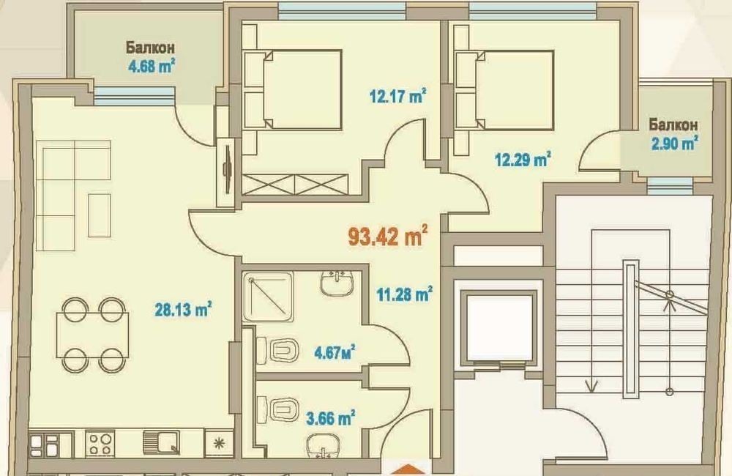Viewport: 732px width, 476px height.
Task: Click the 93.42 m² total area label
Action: [388, 235]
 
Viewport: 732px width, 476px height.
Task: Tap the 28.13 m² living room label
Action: [183, 309]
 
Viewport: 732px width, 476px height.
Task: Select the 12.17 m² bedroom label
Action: [397, 96]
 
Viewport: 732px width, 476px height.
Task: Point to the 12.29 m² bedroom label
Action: [523, 160]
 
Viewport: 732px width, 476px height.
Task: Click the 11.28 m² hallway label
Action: [404, 294]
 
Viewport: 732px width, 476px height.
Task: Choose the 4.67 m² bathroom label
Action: [335, 352]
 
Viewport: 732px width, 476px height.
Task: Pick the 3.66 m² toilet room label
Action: [331, 417]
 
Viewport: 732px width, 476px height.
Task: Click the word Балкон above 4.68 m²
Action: [150, 48]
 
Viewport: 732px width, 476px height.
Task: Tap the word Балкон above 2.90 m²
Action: [673, 124]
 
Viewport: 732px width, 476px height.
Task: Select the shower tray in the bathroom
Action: [268, 296]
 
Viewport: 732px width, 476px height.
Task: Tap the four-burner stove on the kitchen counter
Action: [100, 443]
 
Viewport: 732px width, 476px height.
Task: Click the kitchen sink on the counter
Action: [162, 442]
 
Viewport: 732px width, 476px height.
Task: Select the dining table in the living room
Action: [93, 335]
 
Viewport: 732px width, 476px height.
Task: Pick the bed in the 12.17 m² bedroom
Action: [294, 89]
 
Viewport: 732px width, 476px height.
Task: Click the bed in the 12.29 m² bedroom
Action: [504, 89]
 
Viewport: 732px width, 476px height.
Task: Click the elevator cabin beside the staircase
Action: [499, 328]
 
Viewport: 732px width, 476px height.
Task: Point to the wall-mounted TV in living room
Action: [228, 169]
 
